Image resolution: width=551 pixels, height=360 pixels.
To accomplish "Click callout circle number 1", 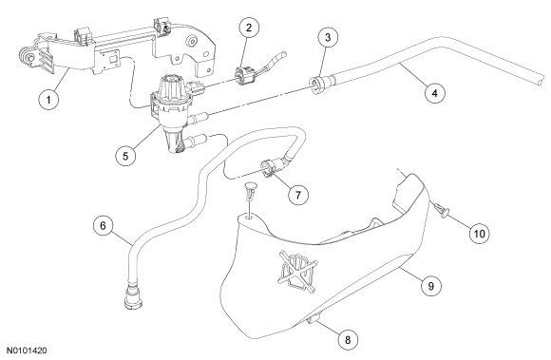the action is (x=48, y=100).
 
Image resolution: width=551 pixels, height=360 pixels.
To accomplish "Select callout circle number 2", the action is (x=249, y=28).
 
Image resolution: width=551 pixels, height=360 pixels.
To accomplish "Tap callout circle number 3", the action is (x=328, y=37).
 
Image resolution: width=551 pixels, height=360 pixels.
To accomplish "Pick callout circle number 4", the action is (x=435, y=93).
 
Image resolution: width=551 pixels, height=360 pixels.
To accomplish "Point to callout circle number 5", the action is (x=125, y=155).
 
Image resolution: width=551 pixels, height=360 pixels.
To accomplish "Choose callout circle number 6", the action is (x=103, y=225).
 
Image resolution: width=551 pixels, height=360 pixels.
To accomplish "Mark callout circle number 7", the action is (x=298, y=194).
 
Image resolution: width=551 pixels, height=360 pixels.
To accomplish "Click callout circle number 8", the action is (x=348, y=340).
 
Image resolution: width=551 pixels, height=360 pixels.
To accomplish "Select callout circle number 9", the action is (x=430, y=286).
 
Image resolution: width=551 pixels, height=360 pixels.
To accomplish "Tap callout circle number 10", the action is (x=480, y=234).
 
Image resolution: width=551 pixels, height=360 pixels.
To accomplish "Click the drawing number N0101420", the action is (x=28, y=351).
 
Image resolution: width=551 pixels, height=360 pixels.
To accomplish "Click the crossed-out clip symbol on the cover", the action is (x=297, y=272).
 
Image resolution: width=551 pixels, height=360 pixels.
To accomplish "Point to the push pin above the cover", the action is (x=250, y=192).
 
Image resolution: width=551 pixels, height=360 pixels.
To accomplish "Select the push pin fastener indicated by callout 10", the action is (x=442, y=210).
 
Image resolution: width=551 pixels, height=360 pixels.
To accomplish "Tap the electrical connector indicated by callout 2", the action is (x=243, y=75).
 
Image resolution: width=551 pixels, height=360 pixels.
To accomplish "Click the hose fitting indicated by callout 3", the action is (x=318, y=85).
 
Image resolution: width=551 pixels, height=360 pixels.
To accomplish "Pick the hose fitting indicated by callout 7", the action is (x=274, y=166).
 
